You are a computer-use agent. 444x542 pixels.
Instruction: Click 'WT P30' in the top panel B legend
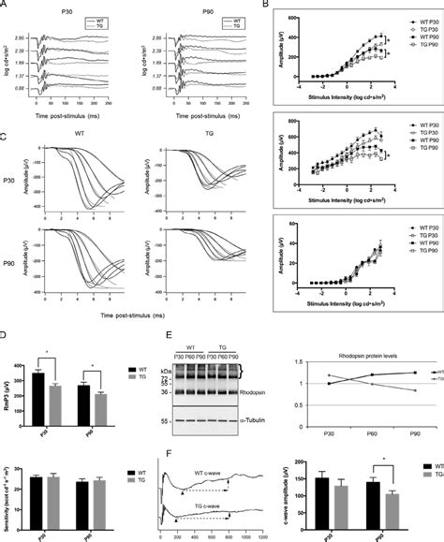coord(415,19)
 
